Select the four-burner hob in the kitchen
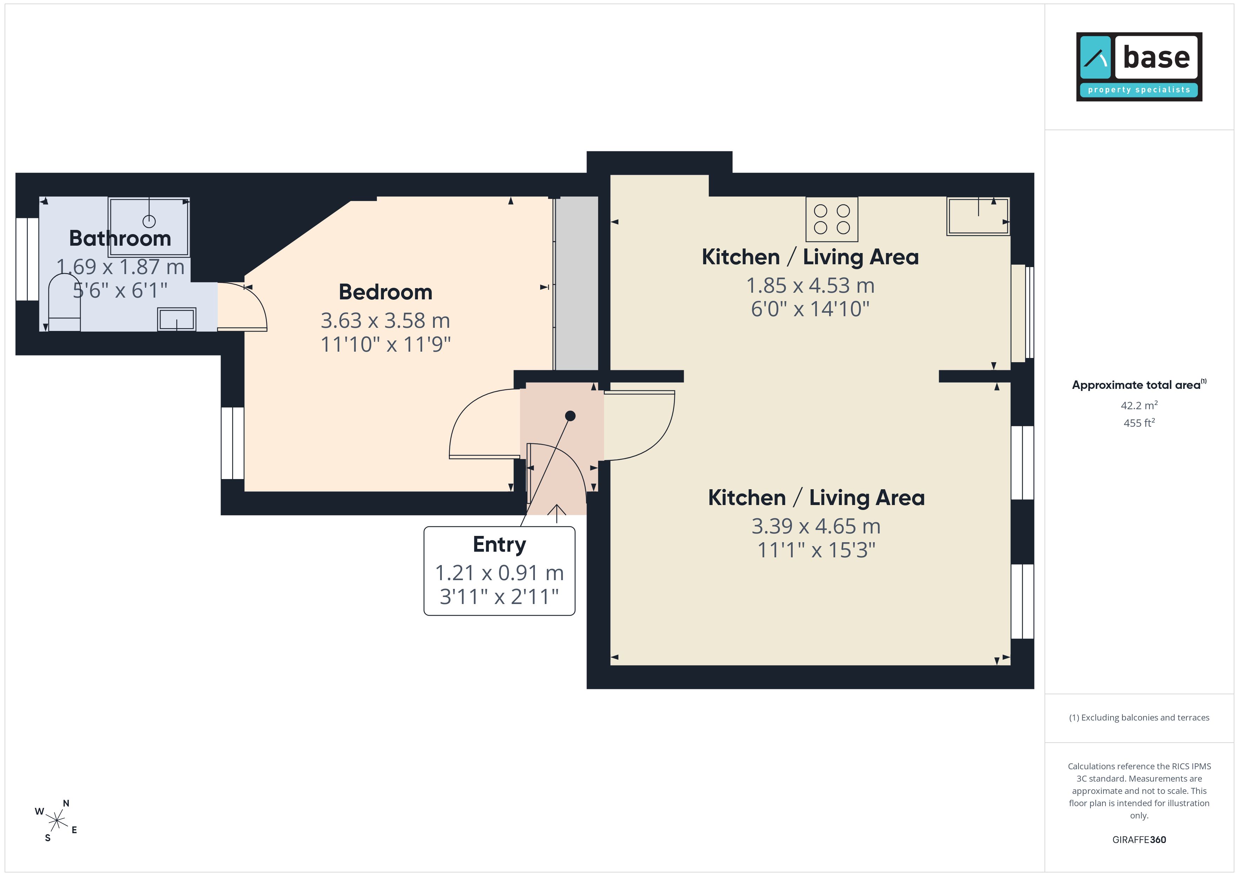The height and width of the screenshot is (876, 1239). coord(832,219)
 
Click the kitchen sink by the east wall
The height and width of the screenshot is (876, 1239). coord(978,216)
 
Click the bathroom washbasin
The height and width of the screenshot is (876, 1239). coord(176,319)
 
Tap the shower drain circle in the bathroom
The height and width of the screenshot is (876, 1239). coord(149,221)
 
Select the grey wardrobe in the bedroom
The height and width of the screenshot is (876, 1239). coord(576,283)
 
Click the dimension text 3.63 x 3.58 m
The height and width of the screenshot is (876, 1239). coord(385,320)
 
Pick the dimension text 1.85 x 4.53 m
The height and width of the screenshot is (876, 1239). coord(810,285)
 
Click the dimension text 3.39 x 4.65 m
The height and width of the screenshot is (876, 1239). coord(816,526)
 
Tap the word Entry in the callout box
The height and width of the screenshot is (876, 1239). coord(499,545)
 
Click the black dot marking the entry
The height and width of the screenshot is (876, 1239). coord(570,416)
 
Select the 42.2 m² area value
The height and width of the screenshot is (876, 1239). coord(1139,405)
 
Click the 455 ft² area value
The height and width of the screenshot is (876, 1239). coord(1139,423)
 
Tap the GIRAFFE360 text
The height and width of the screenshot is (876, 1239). coord(1139,840)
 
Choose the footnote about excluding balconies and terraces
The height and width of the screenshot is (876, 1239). coord(1139,717)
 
